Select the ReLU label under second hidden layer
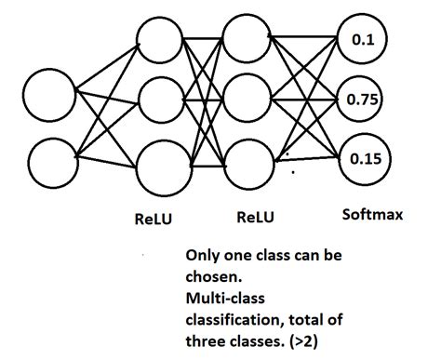click(254, 219)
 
